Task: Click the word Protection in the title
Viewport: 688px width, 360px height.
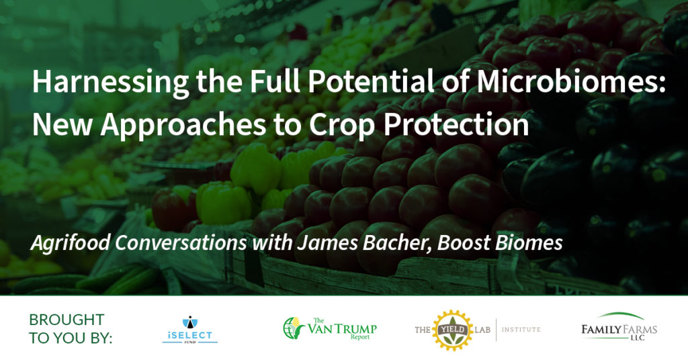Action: point(456,124)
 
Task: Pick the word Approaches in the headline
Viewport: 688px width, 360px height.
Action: point(183,124)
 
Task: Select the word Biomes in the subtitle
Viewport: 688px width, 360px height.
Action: point(529,242)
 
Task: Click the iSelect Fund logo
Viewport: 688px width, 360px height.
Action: point(189,329)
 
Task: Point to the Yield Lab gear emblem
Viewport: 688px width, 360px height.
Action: point(454,330)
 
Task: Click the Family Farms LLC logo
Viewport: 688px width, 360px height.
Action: point(619,327)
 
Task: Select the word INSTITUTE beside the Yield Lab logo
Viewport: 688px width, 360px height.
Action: point(521,329)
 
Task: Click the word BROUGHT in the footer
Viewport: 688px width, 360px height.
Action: point(67,320)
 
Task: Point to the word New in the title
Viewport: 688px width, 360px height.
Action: point(62,124)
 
